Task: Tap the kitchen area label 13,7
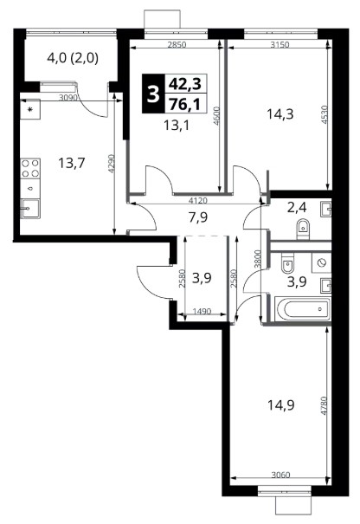pos(72,164)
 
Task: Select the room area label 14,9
pos(280,405)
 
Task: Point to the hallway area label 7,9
pos(197,217)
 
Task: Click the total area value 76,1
pos(185,105)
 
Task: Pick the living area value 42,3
pos(185,83)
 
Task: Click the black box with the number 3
pos(153,94)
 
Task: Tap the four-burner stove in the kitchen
pos(30,168)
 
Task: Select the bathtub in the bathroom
pos(303,309)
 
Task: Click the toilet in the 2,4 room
pos(303,230)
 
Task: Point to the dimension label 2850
pos(177,44)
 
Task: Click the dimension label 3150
pos(280,44)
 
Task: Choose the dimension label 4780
pos(324,405)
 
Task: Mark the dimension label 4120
pos(198,201)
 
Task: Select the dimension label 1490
pos(202,312)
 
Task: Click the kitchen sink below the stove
pos(30,209)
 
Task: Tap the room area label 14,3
pos(280,114)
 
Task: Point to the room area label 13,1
pos(177,126)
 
